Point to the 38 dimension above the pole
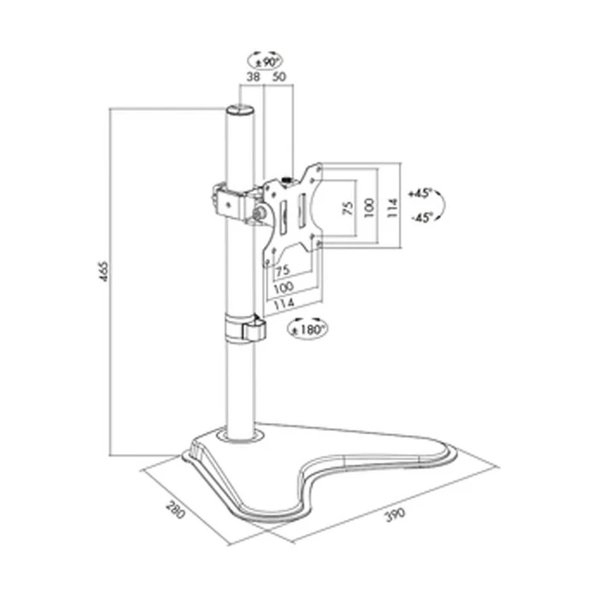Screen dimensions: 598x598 pyautogui.click(x=252, y=77)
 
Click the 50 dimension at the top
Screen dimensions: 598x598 pyautogui.click(x=278, y=77)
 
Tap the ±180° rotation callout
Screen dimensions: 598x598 pyautogui.click(x=310, y=327)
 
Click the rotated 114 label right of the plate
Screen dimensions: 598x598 pyautogui.click(x=392, y=207)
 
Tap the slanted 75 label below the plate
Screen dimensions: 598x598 pyautogui.click(x=283, y=271)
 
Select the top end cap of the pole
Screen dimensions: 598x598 pyautogui.click(x=240, y=110)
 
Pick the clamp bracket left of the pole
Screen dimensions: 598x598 pyautogui.click(x=221, y=198)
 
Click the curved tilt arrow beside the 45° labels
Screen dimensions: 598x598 pyautogui.click(x=449, y=207)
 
